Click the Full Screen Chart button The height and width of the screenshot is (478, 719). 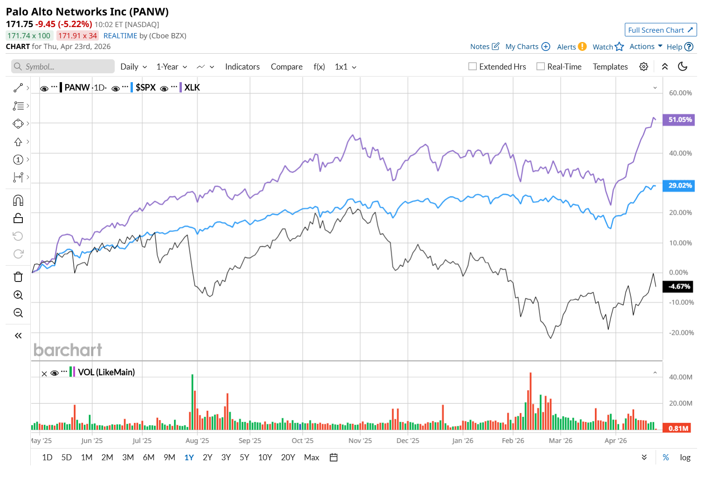[x=660, y=30]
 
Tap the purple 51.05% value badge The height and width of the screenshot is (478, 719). [x=679, y=119]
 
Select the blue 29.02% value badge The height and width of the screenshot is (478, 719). [x=679, y=185]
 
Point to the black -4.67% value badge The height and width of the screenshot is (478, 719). [x=678, y=287]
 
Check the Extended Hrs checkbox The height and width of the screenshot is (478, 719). [x=473, y=66]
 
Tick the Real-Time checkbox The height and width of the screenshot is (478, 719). [x=541, y=66]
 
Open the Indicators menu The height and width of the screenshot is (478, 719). [x=242, y=67]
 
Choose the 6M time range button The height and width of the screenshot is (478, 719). [x=149, y=457]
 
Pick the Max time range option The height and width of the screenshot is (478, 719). [x=311, y=457]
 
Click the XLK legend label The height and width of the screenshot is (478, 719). [x=192, y=87]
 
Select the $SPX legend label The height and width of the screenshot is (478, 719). [x=145, y=87]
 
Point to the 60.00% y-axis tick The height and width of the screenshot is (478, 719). [x=680, y=93]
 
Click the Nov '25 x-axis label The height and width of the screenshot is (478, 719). [x=360, y=441]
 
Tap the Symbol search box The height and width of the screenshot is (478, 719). [x=63, y=66]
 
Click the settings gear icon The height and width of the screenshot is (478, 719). [x=643, y=66]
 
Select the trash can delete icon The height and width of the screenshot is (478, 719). [x=18, y=277]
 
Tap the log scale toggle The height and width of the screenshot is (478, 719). [x=685, y=457]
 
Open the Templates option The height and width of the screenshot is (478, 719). [x=610, y=67]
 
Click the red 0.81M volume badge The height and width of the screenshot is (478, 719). [x=678, y=428]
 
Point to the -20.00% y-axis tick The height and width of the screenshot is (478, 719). [x=681, y=333]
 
